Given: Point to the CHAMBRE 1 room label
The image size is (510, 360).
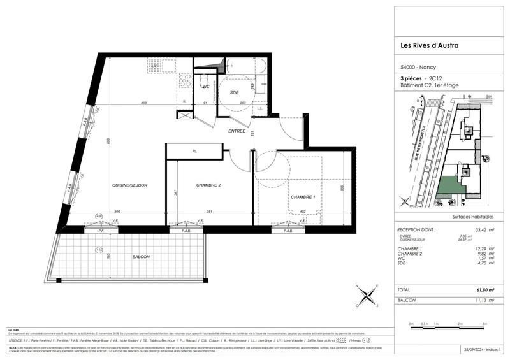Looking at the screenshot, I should pyautogui.click(x=304, y=198).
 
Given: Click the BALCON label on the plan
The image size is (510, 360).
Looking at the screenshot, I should pyautogui.click(x=141, y=256).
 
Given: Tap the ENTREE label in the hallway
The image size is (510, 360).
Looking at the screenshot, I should pyautogui.click(x=238, y=131).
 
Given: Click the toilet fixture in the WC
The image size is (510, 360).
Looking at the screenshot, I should pyautogui.click(x=205, y=83).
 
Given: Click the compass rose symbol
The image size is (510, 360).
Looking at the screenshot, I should pyautogui.click(x=368, y=296).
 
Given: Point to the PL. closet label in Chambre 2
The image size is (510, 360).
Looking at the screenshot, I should pyautogui.click(x=194, y=151).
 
